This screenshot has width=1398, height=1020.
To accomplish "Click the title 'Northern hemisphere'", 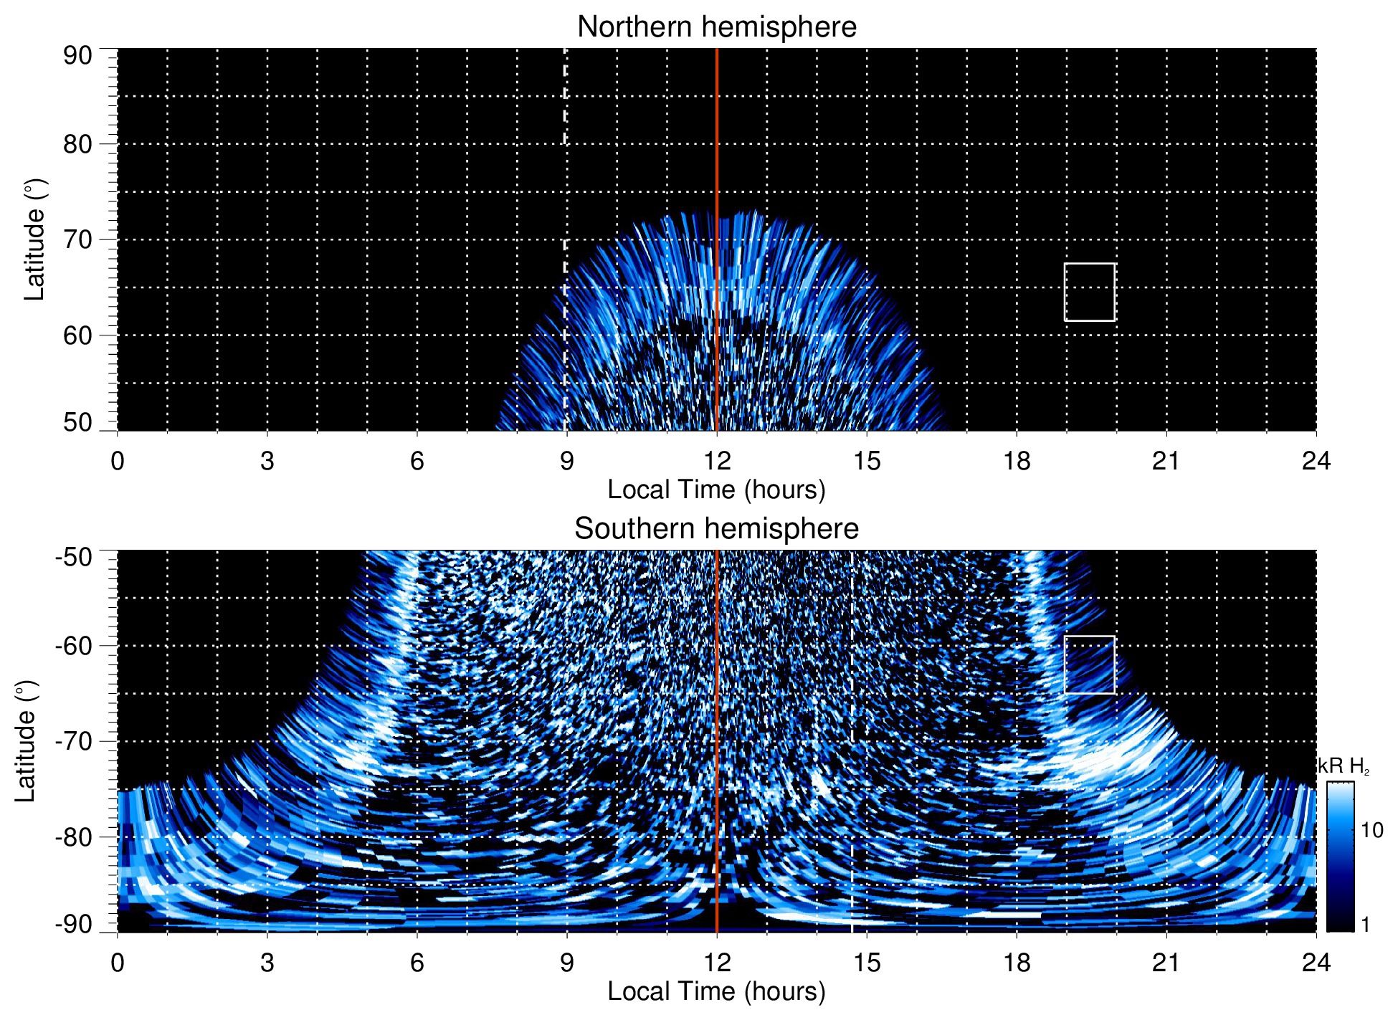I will (x=716, y=27).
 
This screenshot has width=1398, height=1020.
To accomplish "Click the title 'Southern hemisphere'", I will (x=716, y=529).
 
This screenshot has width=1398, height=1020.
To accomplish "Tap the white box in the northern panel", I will (x=1089, y=292).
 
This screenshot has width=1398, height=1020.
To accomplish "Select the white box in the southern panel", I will (x=1089, y=664).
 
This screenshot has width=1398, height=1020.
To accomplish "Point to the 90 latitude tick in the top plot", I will (x=77, y=56).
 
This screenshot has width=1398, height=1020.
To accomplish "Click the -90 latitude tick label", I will (x=74, y=925).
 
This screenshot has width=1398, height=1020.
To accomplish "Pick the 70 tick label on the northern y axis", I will (x=77, y=239).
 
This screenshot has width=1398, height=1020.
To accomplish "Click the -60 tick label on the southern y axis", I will (x=74, y=646).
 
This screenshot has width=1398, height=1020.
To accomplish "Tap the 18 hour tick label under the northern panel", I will (x=1016, y=461).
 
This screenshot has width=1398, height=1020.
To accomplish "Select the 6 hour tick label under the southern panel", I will (x=417, y=963).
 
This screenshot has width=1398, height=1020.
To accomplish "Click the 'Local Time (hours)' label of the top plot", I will (x=716, y=490).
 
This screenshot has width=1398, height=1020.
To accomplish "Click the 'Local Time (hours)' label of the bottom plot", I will (x=716, y=991).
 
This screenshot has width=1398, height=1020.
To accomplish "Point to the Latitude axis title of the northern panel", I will (x=34, y=239).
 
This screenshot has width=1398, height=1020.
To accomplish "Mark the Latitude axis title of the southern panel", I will (x=25, y=741).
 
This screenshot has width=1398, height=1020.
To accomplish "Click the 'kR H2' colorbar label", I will (x=1344, y=767).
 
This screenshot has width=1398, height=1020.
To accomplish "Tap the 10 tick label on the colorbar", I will (x=1371, y=831).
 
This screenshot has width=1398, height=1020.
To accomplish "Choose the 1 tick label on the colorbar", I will (x=1365, y=925).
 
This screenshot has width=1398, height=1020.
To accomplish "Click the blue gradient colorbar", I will (x=1339, y=857).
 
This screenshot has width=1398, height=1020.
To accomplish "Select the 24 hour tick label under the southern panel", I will (x=1316, y=963).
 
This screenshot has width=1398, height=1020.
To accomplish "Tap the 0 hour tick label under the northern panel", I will (x=118, y=461).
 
